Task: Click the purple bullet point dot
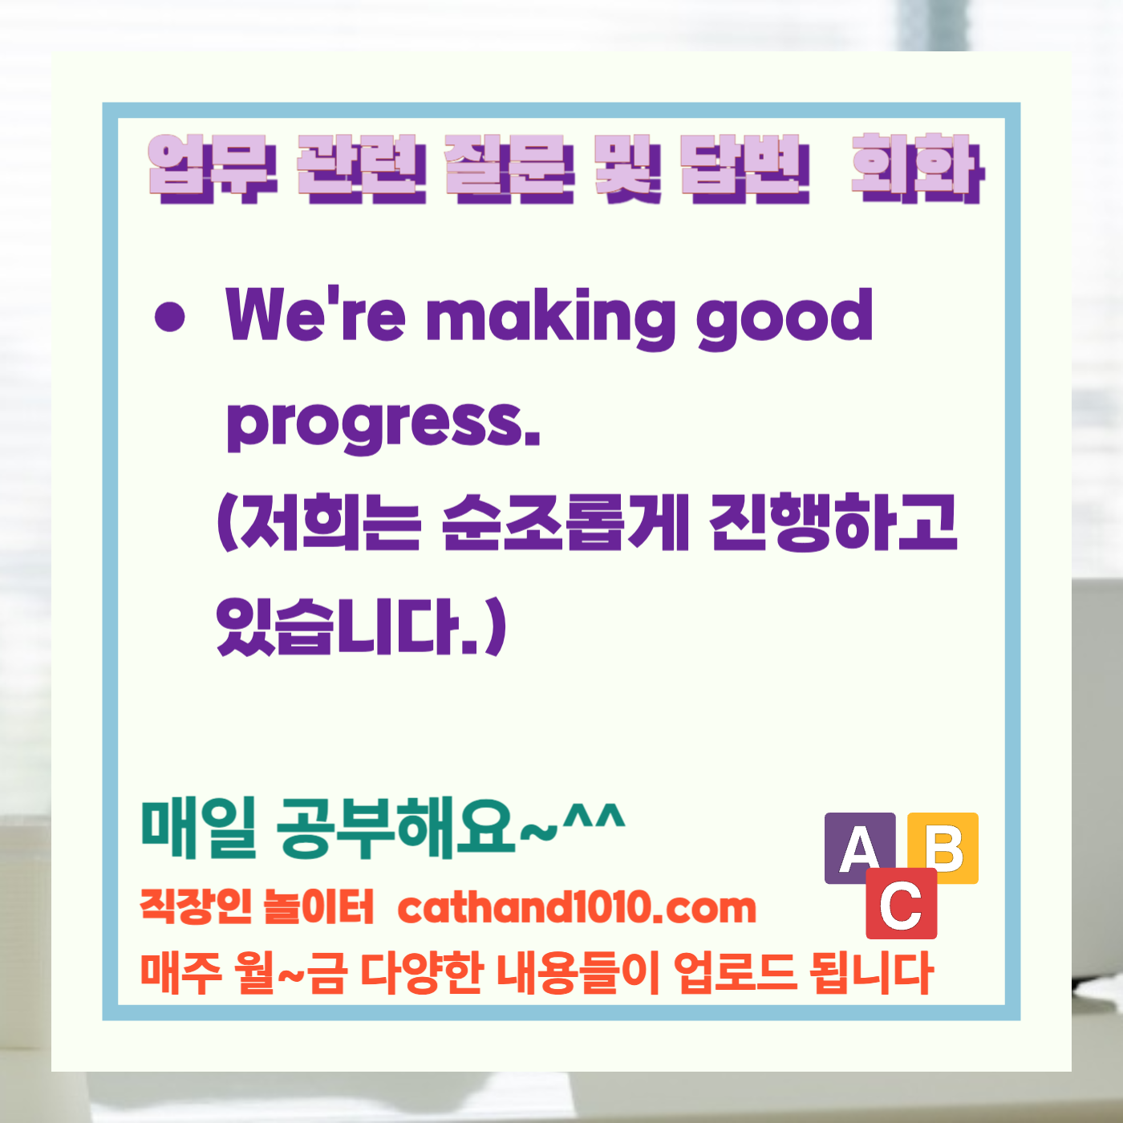(x=169, y=316)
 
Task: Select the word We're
(x=315, y=314)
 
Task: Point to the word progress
(x=383, y=424)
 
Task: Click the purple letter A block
(x=859, y=848)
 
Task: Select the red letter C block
(x=901, y=904)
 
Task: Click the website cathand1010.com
(x=577, y=907)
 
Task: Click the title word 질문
(x=509, y=168)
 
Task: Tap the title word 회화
(x=917, y=168)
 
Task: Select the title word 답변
(x=745, y=168)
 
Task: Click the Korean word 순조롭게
(x=565, y=522)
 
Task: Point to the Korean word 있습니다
(x=337, y=626)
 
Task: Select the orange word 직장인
(x=196, y=907)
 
